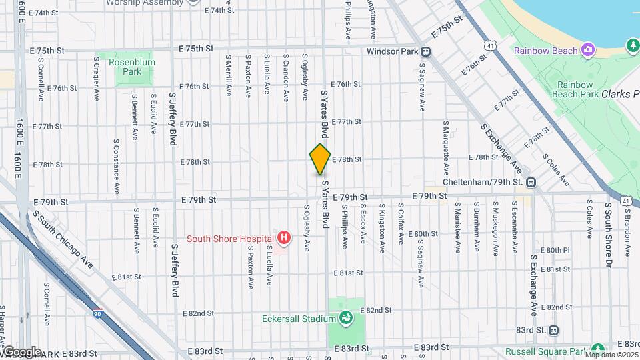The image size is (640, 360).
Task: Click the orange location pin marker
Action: (x=320, y=160)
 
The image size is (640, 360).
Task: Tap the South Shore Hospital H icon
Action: (x=285, y=238)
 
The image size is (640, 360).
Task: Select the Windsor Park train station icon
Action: (x=425, y=51)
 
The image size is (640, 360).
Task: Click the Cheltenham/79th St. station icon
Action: (x=531, y=182)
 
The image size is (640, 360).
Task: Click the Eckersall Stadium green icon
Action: (x=345, y=319)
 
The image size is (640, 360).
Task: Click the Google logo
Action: (x=21, y=351)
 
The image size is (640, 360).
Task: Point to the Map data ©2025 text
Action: (x=611, y=354)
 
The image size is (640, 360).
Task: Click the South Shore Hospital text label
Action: (x=229, y=238)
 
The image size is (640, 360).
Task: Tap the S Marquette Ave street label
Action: (x=445, y=141)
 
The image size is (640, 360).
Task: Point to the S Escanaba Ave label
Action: (x=515, y=228)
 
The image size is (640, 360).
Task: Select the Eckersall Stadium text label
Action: (x=303, y=319)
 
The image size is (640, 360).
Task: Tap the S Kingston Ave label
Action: (x=382, y=228)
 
